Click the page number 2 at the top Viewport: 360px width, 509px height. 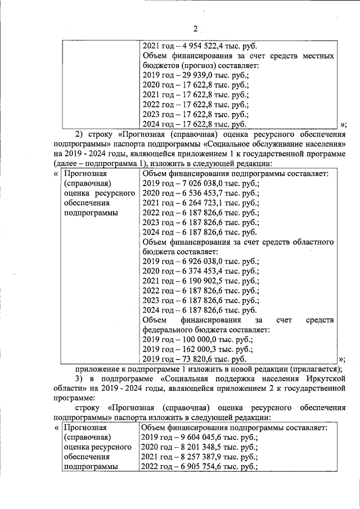coord(195,29)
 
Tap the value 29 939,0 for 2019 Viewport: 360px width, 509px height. coord(199,76)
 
